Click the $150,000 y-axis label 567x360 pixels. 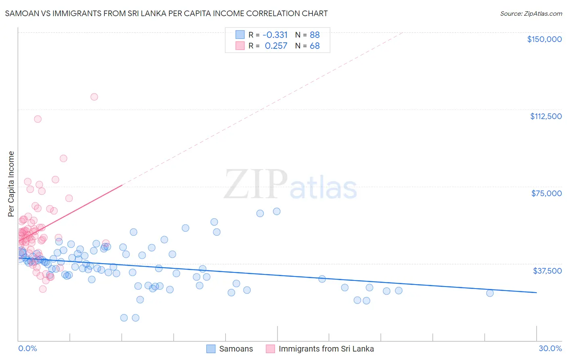(x=544, y=39)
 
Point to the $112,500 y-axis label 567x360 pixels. (x=546, y=116)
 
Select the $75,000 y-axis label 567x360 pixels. (x=546, y=193)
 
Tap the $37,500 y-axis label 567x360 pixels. (x=547, y=271)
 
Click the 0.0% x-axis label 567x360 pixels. (x=27, y=348)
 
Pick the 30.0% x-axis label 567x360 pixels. (x=550, y=348)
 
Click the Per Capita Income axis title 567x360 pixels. (x=11, y=184)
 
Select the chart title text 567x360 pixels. (x=166, y=13)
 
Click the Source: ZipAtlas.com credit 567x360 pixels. (x=531, y=13)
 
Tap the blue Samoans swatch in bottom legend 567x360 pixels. (x=211, y=349)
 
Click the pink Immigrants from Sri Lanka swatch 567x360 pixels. (x=270, y=349)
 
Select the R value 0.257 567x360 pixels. (x=276, y=46)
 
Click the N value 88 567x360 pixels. (x=315, y=35)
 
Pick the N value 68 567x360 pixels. (x=315, y=46)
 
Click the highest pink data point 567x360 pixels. (x=94, y=96)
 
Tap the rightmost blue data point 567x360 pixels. (x=490, y=293)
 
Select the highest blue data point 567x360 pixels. (x=277, y=211)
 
